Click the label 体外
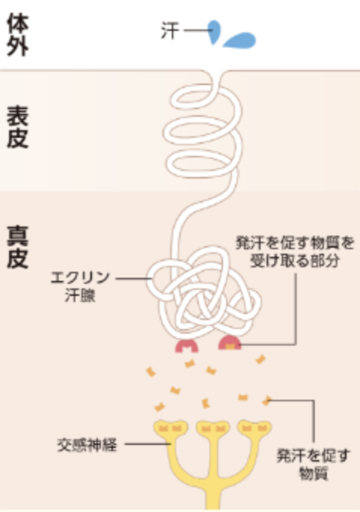18,35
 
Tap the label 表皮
18,127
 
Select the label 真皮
18,247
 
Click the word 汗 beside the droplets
170,31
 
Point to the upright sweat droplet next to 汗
215,32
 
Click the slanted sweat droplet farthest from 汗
240,41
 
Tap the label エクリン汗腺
80,287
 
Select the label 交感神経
87,445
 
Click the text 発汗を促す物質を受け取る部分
295,251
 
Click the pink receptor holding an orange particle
230,343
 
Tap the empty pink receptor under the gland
187,346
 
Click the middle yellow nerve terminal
213,428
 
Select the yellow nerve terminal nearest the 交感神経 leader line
170,428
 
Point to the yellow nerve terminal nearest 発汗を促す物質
255,428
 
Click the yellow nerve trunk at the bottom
213,490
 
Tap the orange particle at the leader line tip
267,401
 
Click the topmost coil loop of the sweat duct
205,96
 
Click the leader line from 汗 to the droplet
198,30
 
